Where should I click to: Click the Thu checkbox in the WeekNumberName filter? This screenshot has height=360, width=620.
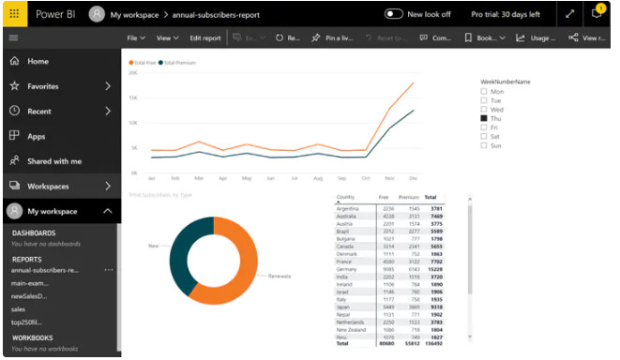point(484,118)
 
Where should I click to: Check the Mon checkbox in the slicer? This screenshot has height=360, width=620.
point(484,92)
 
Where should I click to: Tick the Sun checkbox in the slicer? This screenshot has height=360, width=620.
point(484,145)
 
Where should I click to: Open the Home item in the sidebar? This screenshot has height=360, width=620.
point(38,61)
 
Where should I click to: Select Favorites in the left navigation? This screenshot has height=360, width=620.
point(42,86)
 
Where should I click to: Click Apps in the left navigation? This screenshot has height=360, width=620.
point(36,136)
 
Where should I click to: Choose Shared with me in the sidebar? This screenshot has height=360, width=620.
point(53,161)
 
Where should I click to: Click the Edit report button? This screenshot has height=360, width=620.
point(205,38)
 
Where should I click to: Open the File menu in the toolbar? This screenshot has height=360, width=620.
point(136,38)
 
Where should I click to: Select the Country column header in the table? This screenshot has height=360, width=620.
point(345,198)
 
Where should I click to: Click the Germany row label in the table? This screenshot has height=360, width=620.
point(348,269)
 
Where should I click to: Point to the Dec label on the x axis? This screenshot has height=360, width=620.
point(414,177)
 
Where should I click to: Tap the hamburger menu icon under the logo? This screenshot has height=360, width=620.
point(12,38)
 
